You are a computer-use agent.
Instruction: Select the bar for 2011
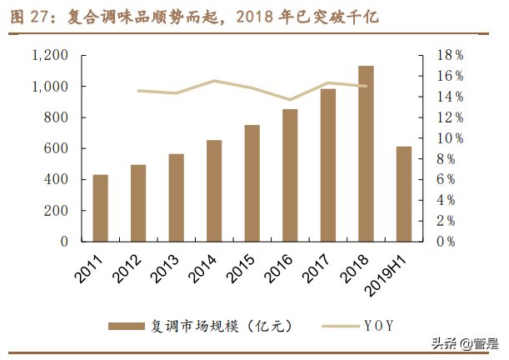101,208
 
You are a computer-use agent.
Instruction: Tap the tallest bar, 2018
366,153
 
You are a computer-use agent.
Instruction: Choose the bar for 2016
290,176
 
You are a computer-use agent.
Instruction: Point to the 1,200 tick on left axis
50,55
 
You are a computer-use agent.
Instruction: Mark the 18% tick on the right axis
451,55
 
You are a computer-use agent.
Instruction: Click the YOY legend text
378,325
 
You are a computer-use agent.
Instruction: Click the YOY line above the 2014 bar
214,81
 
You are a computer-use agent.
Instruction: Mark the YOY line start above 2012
138,90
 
